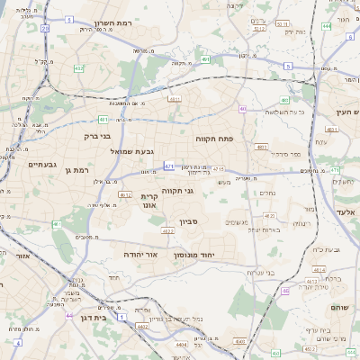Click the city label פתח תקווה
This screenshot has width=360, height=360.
click(x=214, y=139)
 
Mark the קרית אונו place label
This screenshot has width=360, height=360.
click(x=150, y=201)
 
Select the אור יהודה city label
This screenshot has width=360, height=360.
click(x=141, y=255)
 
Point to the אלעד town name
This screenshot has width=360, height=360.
click(x=347, y=211)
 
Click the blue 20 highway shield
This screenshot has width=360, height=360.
click(x=44, y=28)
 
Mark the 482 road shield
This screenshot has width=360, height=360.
click(x=79, y=68)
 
